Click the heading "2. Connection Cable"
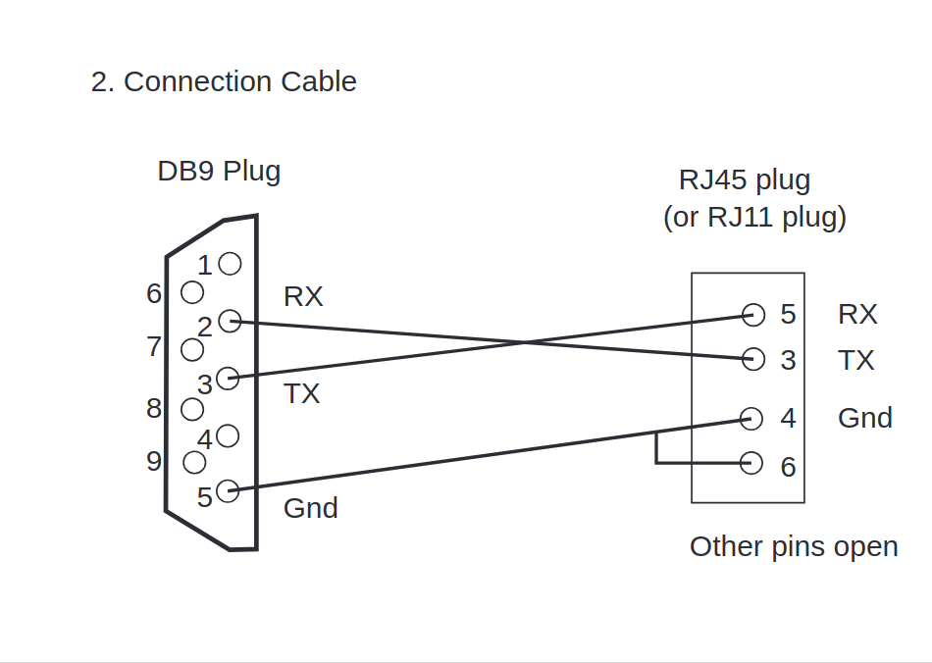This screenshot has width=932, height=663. click(x=224, y=81)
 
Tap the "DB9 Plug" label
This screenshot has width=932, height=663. click(x=219, y=172)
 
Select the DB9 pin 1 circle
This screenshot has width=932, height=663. click(x=230, y=264)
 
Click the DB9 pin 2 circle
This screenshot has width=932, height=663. click(x=230, y=321)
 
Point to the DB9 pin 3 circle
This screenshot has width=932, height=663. click(x=228, y=378)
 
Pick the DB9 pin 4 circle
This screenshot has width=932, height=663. click(x=228, y=435)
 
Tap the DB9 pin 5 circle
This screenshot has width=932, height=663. click(x=228, y=490)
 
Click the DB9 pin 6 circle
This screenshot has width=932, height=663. click(x=192, y=292)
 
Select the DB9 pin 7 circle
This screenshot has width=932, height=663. click(x=192, y=350)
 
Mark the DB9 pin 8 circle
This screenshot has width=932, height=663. click(x=192, y=409)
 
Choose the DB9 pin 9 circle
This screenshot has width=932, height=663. click(x=194, y=462)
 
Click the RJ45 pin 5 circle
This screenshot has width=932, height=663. click(x=753, y=315)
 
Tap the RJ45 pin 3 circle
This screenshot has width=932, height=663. click(x=753, y=359)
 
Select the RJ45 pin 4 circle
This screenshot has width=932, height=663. click(x=751, y=419)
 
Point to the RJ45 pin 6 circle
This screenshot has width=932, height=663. click(x=751, y=463)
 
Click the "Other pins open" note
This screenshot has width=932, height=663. click(x=794, y=547)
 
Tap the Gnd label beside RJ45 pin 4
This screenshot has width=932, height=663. click(x=865, y=418)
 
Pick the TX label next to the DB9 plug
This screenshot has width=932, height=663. click(x=302, y=394)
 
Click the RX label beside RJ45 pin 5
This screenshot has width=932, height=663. click(x=857, y=314)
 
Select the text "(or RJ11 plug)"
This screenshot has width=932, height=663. click(x=754, y=218)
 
